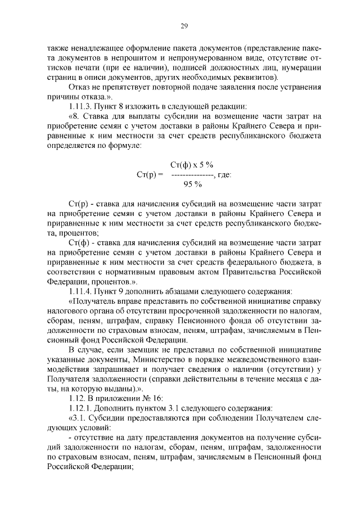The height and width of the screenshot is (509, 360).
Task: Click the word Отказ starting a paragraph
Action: pos(80,87)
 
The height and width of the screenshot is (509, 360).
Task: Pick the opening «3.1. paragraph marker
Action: pos(78,418)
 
